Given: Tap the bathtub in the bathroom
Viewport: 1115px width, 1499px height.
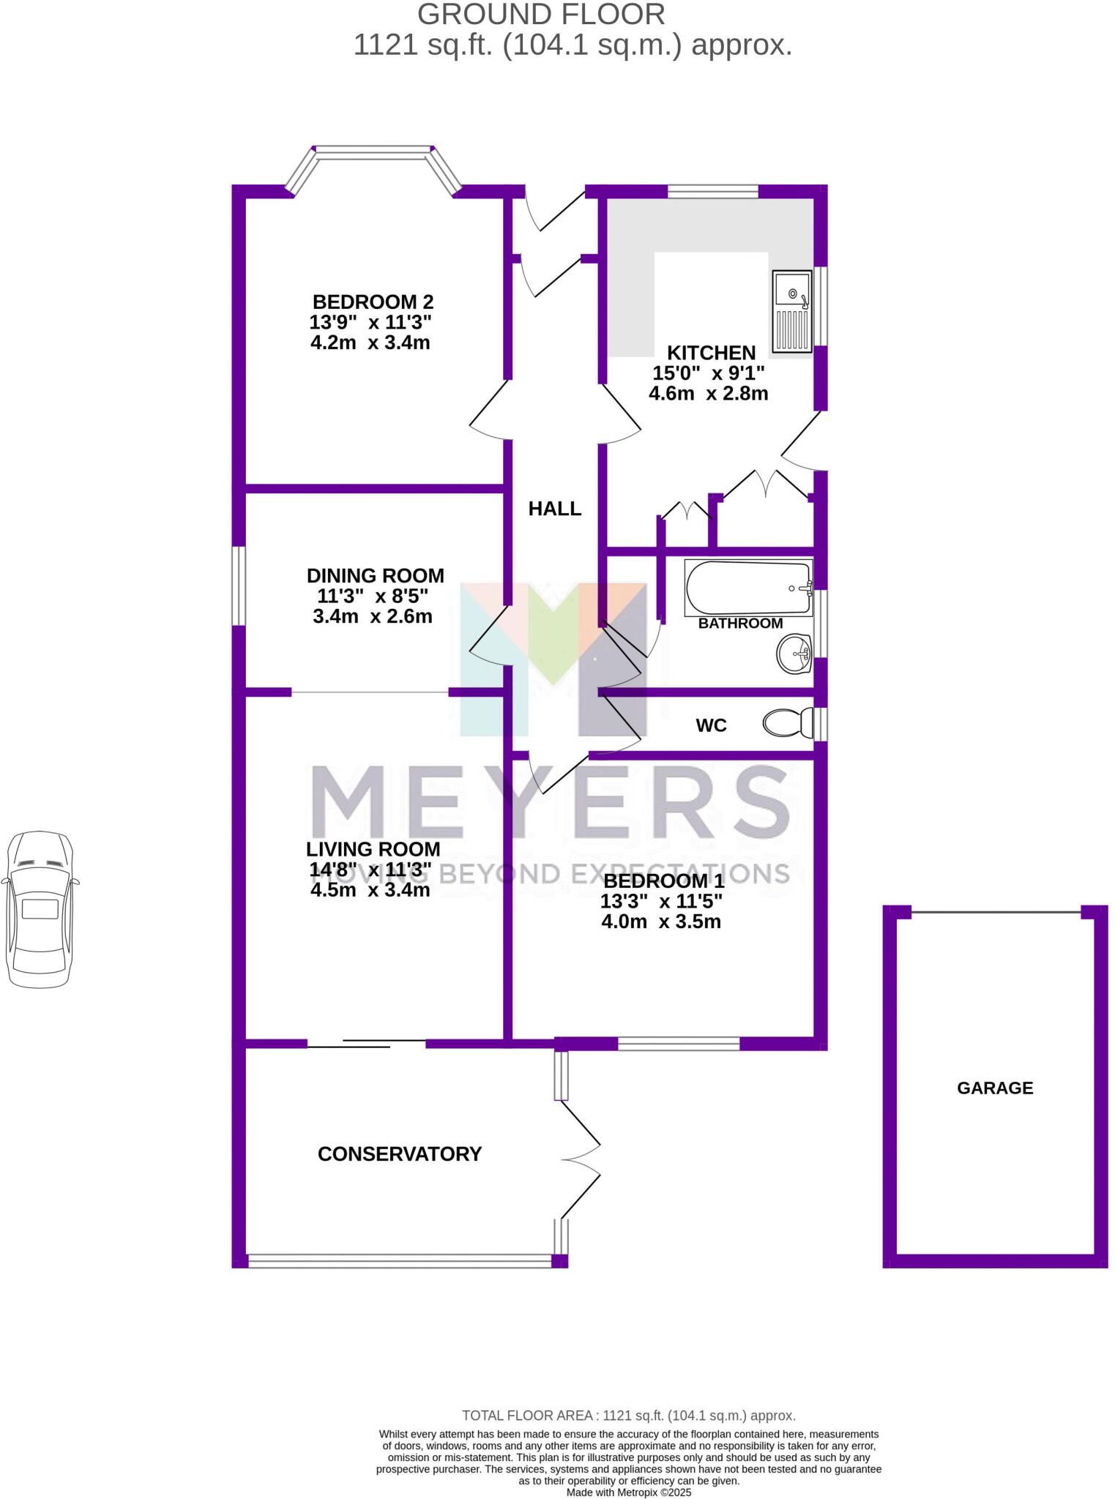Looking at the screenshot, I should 748,588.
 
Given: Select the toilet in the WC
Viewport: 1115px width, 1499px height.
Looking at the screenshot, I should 788,723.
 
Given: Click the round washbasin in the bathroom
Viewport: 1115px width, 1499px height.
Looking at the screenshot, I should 794,653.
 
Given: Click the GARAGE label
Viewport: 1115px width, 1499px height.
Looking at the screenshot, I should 994,1088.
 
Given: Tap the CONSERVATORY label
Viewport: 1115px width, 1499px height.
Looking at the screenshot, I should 399,1154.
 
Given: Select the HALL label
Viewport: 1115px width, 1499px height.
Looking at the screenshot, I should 555,509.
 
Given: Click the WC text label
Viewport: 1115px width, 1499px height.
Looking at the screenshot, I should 711,725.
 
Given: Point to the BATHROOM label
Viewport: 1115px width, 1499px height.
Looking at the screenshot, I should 740,624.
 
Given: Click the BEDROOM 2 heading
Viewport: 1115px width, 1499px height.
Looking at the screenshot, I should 373,302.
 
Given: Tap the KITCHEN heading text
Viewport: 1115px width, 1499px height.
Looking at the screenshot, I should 710,353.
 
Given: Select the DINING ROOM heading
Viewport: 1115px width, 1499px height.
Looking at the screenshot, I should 375,575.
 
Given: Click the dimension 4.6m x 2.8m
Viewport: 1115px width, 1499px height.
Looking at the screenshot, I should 708,394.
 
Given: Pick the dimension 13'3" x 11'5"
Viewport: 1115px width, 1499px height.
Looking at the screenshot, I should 661,901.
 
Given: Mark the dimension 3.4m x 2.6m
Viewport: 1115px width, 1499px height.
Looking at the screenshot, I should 372,616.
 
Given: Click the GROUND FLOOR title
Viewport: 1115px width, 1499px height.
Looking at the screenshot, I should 541,15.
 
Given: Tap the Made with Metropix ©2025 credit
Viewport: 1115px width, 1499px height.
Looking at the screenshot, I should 629,1492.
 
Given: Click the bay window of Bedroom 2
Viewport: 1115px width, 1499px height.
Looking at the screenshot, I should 373,152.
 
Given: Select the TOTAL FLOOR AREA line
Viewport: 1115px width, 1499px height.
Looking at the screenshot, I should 628,1416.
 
